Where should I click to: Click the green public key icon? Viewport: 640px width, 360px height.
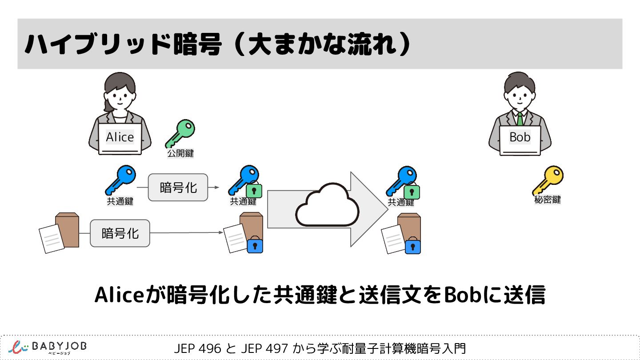click(180, 133)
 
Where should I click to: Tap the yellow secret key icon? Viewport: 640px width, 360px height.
click(548, 180)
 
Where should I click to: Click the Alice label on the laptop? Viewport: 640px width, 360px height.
click(120, 137)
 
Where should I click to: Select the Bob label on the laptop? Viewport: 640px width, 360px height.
click(520, 137)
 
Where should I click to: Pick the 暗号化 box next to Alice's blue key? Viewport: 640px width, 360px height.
click(178, 188)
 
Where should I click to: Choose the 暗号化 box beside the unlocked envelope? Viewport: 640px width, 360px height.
click(120, 233)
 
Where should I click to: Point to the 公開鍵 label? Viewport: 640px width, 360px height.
click(180, 154)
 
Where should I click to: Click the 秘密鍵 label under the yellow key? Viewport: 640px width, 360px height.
click(547, 200)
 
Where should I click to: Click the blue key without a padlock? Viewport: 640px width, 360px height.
click(120, 180)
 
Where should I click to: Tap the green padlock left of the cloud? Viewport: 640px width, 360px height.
click(254, 191)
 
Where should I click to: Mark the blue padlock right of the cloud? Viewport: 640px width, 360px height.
click(413, 246)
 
